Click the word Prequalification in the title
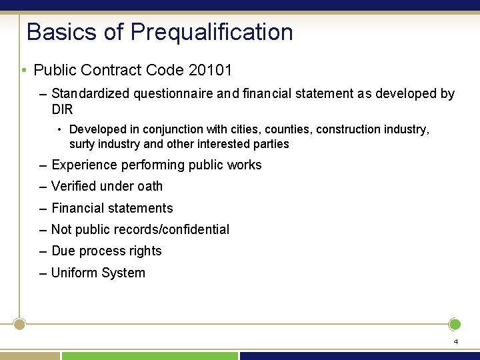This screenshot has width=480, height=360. pyautogui.click(x=211, y=32)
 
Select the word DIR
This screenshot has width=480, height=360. pyautogui.click(x=62, y=109)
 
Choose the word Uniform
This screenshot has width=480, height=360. pyautogui.click(x=74, y=273)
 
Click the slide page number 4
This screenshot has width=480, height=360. pyautogui.click(x=455, y=341)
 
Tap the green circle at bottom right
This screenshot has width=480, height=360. pyautogui.click(x=455, y=325)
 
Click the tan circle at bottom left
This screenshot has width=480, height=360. pyautogui.click(x=19, y=324)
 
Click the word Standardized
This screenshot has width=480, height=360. pyautogui.click(x=91, y=94)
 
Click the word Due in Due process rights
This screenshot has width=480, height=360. pyautogui.click(x=63, y=251)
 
